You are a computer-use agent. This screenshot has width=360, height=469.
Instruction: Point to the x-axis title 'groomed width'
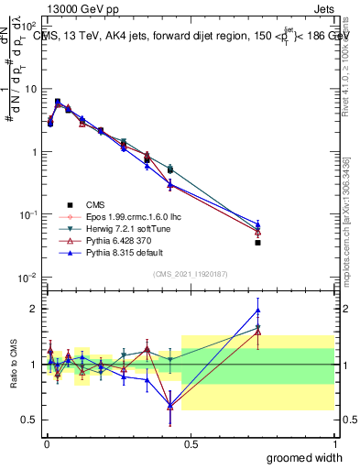click(305, 457)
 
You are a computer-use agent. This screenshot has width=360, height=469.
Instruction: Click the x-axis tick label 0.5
click(190, 443)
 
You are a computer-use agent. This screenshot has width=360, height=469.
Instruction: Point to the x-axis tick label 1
click(334, 443)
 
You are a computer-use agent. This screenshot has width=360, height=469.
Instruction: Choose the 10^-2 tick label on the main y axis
click(27, 278)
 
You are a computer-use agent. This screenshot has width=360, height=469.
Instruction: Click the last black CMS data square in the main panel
click(257, 243)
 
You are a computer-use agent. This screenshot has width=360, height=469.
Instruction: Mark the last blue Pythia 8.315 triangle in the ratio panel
click(257, 310)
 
